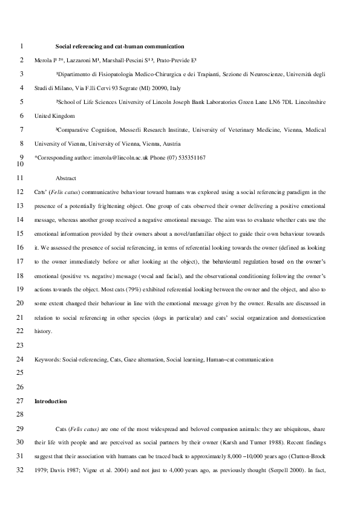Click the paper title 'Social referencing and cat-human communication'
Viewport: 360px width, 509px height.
pyautogui.click(x=120, y=46)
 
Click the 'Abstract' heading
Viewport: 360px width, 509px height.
pyautogui.click(x=67, y=178)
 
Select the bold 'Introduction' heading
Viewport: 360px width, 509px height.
pyautogui.click(x=51, y=401)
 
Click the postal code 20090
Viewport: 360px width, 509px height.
pyautogui.click(x=159, y=88)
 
